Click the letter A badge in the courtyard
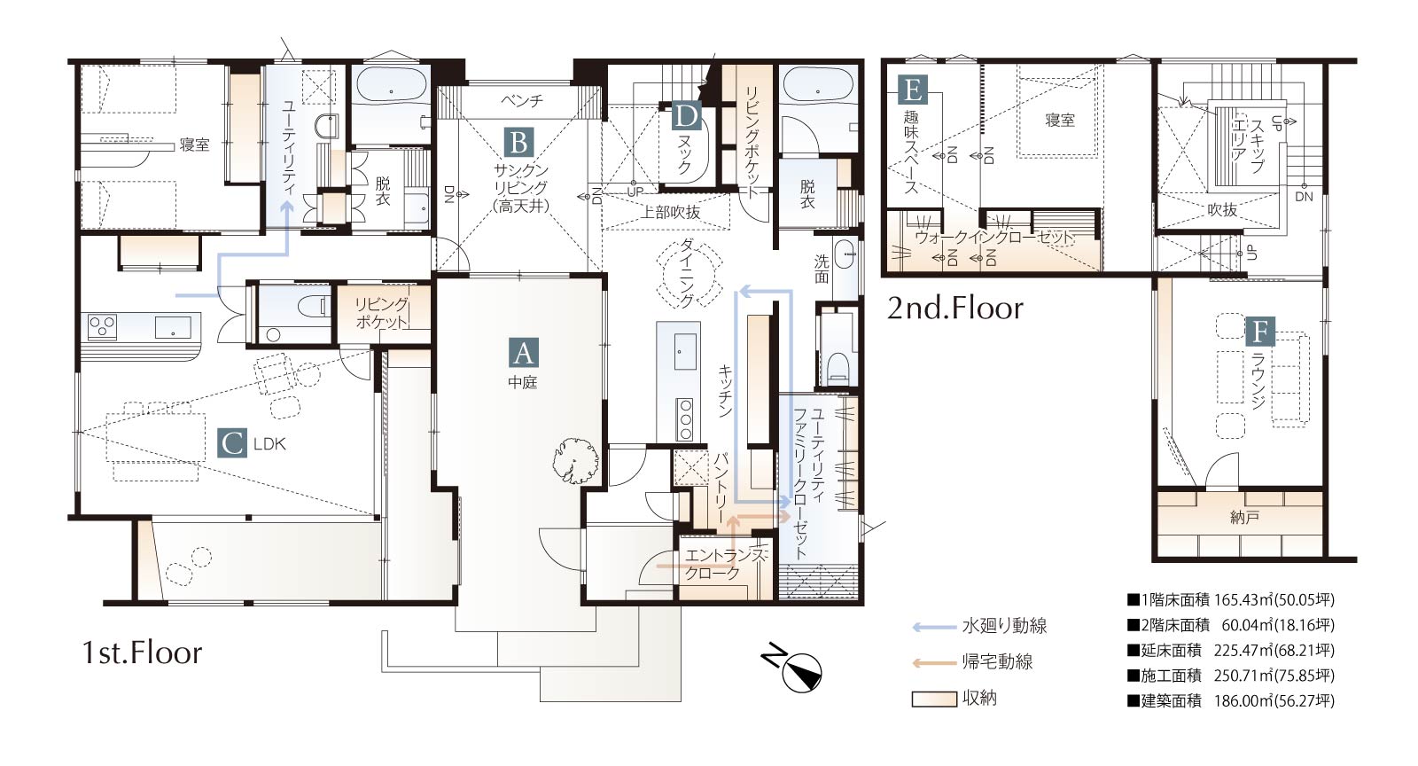click(524, 353)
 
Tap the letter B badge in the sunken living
click(519, 143)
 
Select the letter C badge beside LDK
click(232, 442)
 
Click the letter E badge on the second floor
click(913, 90)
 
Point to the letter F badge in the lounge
click(1260, 331)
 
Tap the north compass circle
click(801, 672)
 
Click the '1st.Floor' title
click(143, 653)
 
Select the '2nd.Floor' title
click(955, 309)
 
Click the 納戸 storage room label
click(1244, 518)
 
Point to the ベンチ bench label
click(522, 101)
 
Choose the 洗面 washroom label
click(822, 269)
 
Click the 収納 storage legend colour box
click(934, 700)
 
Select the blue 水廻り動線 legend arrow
click(934, 628)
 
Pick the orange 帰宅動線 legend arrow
click(934, 663)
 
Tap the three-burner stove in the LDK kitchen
click(102, 326)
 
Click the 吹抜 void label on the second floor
click(1222, 209)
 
